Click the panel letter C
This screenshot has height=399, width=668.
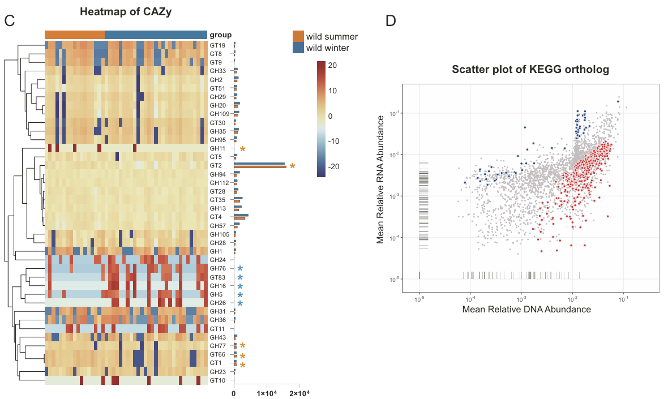click(x=9, y=21)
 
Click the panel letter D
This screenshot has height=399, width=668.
click(x=391, y=21)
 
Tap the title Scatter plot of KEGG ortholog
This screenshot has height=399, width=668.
click(x=531, y=70)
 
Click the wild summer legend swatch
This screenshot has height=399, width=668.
click(x=298, y=37)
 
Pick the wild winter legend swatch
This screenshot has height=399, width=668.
click(x=298, y=48)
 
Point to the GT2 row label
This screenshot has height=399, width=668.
click(x=215, y=165)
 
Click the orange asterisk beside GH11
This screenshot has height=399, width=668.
click(x=242, y=149)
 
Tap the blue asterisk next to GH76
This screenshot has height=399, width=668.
click(x=240, y=269)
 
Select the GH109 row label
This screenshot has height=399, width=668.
click(x=218, y=114)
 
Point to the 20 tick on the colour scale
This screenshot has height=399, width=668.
click(x=333, y=65)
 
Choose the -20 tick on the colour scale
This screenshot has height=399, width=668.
click(x=334, y=167)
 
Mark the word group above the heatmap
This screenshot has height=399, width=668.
click(x=220, y=35)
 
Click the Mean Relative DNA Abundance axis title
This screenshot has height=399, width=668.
click(x=526, y=310)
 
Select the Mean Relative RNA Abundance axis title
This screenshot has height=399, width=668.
click(x=380, y=178)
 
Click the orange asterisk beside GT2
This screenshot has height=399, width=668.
click(x=292, y=166)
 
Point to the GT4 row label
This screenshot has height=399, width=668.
click(x=215, y=217)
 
